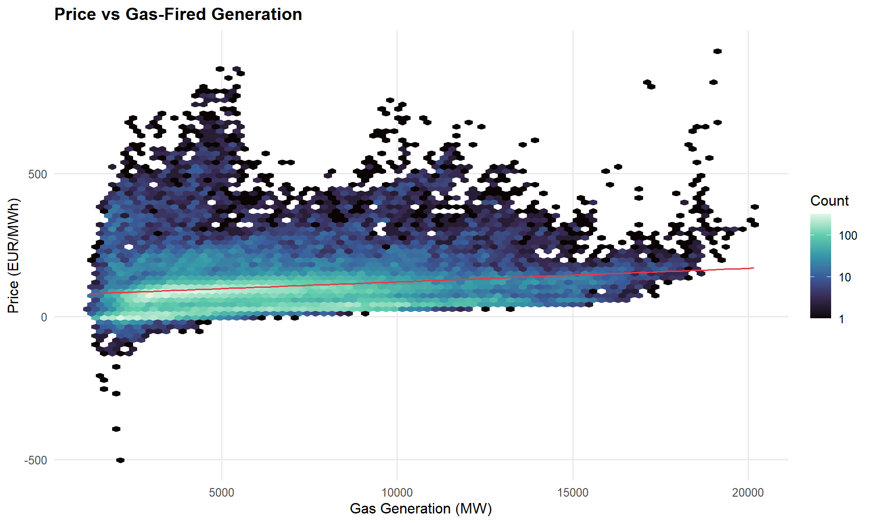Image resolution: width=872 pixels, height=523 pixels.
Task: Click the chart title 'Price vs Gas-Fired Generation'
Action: coord(178,15)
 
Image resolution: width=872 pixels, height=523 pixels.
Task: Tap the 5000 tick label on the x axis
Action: coord(222,493)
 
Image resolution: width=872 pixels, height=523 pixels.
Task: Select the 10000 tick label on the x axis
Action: coord(397,493)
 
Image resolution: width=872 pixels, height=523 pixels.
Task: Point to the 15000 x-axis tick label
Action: coord(573,493)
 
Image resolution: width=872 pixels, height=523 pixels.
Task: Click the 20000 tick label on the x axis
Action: coord(748,493)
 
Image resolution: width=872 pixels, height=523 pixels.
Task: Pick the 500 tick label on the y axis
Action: coord(38,174)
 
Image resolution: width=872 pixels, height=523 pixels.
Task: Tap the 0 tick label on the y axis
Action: coord(44,317)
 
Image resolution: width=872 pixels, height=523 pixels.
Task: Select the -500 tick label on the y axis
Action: coord(36,460)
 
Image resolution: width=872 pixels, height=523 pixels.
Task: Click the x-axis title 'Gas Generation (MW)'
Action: coord(421,509)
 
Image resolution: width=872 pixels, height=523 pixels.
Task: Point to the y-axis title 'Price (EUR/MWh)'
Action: coord(14,256)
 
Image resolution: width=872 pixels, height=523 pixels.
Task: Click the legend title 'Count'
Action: coord(829,201)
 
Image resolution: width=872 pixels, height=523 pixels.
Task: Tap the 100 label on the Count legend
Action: coord(848,236)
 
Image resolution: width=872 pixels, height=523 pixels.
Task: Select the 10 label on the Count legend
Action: coord(845,277)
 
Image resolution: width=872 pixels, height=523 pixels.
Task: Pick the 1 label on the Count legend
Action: coord(842,319)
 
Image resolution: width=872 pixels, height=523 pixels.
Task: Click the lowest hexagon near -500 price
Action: coord(120,460)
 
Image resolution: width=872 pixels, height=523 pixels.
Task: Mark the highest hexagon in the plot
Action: coord(718,51)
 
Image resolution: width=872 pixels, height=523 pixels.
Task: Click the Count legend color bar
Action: coord(820,266)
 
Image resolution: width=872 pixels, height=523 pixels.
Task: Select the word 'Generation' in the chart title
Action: coord(257,15)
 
